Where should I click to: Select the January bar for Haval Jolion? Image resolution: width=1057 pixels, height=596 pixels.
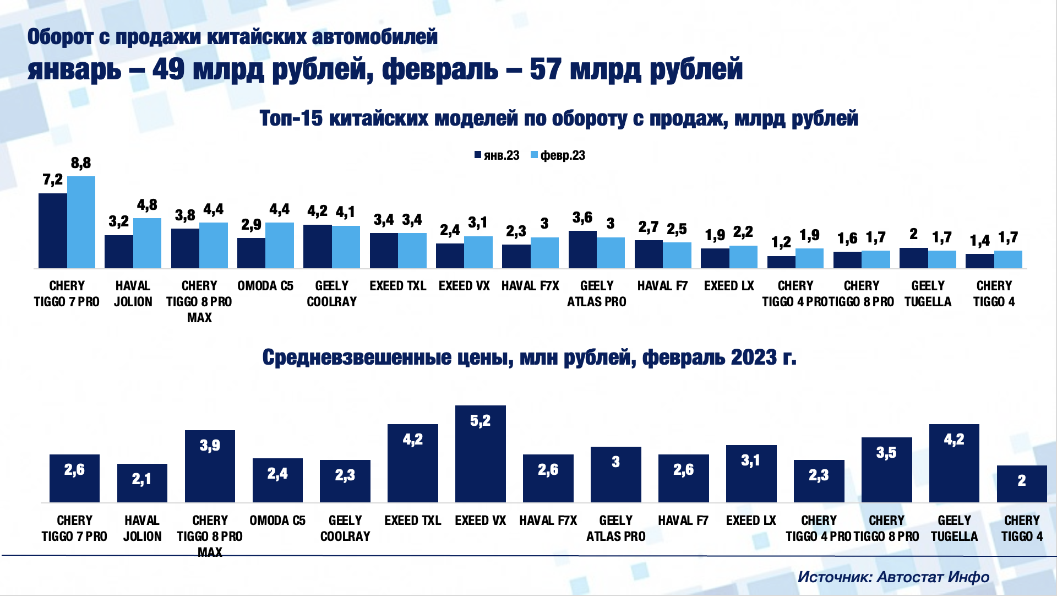click(x=119, y=252)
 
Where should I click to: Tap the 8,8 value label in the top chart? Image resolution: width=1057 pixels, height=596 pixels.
click(x=81, y=163)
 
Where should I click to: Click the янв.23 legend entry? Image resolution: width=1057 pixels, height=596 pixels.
click(x=497, y=155)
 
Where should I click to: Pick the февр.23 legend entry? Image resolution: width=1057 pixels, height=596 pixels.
click(x=558, y=155)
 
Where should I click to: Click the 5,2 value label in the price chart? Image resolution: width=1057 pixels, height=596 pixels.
click(x=480, y=421)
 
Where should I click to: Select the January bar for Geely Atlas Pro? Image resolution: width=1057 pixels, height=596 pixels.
click(x=582, y=250)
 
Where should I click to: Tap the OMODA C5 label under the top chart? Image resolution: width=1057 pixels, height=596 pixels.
click(x=265, y=286)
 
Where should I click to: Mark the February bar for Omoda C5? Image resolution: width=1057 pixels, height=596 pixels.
click(x=280, y=245)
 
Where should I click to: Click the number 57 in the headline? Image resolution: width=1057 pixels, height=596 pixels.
click(x=546, y=69)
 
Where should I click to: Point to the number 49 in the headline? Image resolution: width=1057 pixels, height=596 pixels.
click(x=168, y=69)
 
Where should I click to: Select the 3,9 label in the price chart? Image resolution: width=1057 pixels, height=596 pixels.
click(x=210, y=445)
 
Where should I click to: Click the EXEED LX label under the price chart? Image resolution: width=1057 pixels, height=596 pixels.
click(x=751, y=521)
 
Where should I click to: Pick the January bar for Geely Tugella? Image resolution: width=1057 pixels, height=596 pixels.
click(x=914, y=258)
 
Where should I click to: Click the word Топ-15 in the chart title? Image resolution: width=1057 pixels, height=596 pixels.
click(x=291, y=118)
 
